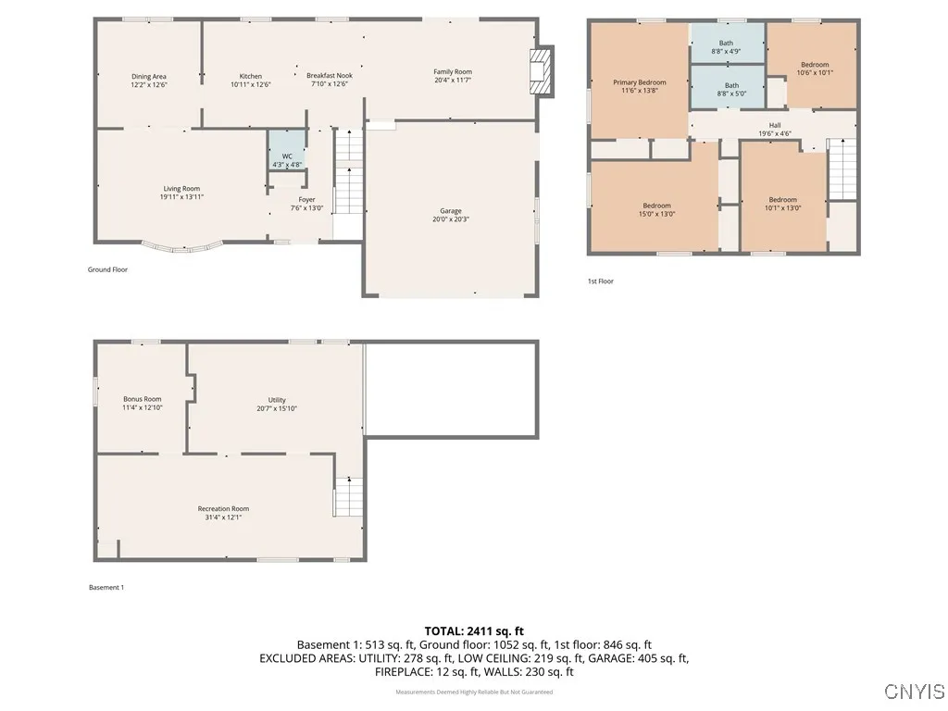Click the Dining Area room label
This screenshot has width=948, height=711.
[x=148, y=77]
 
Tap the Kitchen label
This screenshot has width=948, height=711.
[x=250, y=77]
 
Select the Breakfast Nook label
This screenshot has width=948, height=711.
[x=330, y=77]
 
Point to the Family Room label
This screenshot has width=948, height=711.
[x=453, y=72]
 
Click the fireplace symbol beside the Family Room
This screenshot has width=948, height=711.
[x=539, y=71]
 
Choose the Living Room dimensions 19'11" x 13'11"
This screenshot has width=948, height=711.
[x=181, y=197]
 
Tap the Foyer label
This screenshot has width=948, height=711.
[x=306, y=200]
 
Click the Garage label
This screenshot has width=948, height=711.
[x=451, y=211]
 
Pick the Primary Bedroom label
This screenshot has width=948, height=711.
[x=639, y=82]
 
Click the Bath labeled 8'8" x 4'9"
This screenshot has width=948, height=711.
[x=727, y=44]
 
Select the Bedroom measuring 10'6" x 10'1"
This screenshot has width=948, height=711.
[x=815, y=65]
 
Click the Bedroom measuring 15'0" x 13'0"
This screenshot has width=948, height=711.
[x=656, y=206]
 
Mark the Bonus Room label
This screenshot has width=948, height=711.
[x=142, y=399]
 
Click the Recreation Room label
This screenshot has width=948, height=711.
[x=223, y=508]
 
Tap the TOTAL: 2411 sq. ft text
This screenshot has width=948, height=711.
[x=474, y=630]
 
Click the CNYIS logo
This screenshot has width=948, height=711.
[x=914, y=692]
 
